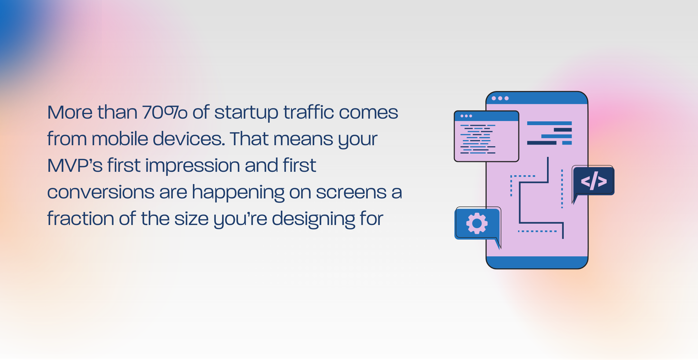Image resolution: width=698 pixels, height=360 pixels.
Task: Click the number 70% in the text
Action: pyautogui.click(x=165, y=112)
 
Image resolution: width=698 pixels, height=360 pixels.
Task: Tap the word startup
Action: pyautogui.click(x=246, y=113)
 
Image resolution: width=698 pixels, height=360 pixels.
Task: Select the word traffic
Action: pyautogui.click(x=308, y=112)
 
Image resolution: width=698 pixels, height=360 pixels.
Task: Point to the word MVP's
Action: pyautogui.click(x=75, y=166)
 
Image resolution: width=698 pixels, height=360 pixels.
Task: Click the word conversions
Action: pyautogui.click(x=101, y=192)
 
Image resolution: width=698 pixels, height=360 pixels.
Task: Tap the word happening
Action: pyautogui.click(x=238, y=193)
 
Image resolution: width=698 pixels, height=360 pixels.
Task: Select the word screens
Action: pyautogui.click(x=351, y=193)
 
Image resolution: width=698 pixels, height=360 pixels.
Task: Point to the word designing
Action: pyautogui.click(x=313, y=219)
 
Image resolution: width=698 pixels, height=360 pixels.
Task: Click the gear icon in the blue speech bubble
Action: pyautogui.click(x=477, y=223)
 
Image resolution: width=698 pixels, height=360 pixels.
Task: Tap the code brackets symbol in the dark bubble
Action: pyautogui.click(x=594, y=181)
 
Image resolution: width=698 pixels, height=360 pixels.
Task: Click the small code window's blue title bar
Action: pyautogui.click(x=487, y=116)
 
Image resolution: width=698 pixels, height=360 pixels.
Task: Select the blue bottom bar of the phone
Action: pyautogui.click(x=537, y=262)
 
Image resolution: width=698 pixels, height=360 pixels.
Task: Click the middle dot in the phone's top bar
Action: pyautogui.click(x=500, y=98)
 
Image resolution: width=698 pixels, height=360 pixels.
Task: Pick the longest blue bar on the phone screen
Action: pyautogui.click(x=549, y=123)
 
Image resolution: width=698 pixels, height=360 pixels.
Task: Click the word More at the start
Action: pyautogui.click(x=70, y=112)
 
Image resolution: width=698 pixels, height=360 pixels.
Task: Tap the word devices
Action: pyautogui.click(x=189, y=139)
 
